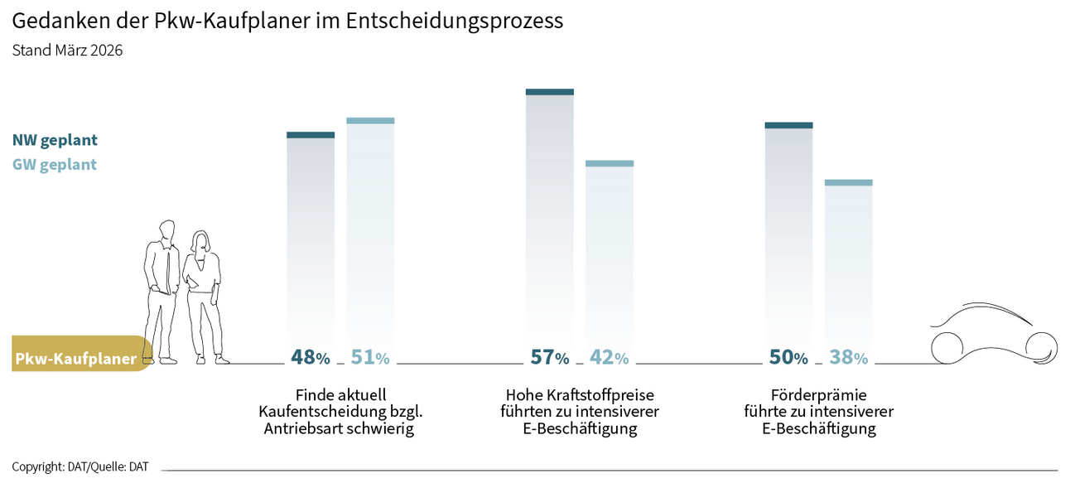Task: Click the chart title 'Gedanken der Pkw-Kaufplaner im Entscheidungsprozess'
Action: [287, 22]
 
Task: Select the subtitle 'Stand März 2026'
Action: [67, 51]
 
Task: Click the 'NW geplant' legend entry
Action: [55, 140]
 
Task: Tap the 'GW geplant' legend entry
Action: [55, 165]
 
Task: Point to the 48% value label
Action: [311, 358]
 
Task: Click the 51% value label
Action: [370, 358]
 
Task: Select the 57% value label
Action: [550, 358]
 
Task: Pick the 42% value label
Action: [609, 358]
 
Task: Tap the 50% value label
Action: [788, 358]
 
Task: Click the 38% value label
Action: [849, 358]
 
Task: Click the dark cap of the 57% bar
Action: [550, 92]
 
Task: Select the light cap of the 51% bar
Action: [370, 121]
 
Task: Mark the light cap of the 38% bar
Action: [849, 182]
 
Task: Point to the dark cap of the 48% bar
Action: [311, 135]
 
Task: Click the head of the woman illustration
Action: [201, 241]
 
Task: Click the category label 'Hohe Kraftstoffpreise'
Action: [580, 394]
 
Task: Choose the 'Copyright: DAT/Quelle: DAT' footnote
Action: [80, 467]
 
